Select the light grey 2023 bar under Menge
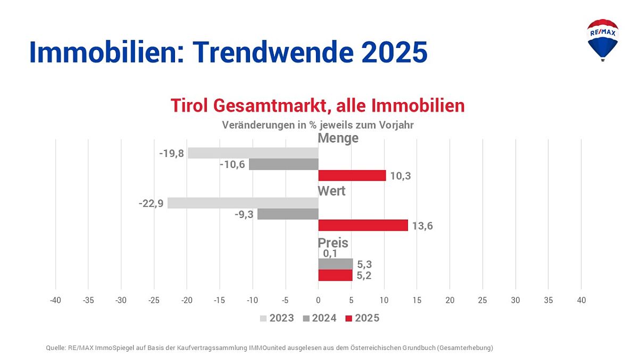(x=253, y=153)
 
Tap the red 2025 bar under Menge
(x=352, y=175)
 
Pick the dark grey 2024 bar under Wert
(x=288, y=214)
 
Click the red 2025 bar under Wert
(x=363, y=225)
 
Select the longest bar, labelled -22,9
(x=243, y=203)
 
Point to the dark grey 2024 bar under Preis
(x=335, y=264)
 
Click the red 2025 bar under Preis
(x=335, y=275)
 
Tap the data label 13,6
(x=422, y=226)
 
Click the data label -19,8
(x=171, y=154)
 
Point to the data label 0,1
(x=330, y=254)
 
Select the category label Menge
(x=338, y=138)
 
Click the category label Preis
(x=333, y=243)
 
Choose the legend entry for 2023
(x=277, y=318)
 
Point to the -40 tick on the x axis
(x=55, y=300)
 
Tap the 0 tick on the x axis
(x=318, y=300)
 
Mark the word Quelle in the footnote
(x=56, y=348)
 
